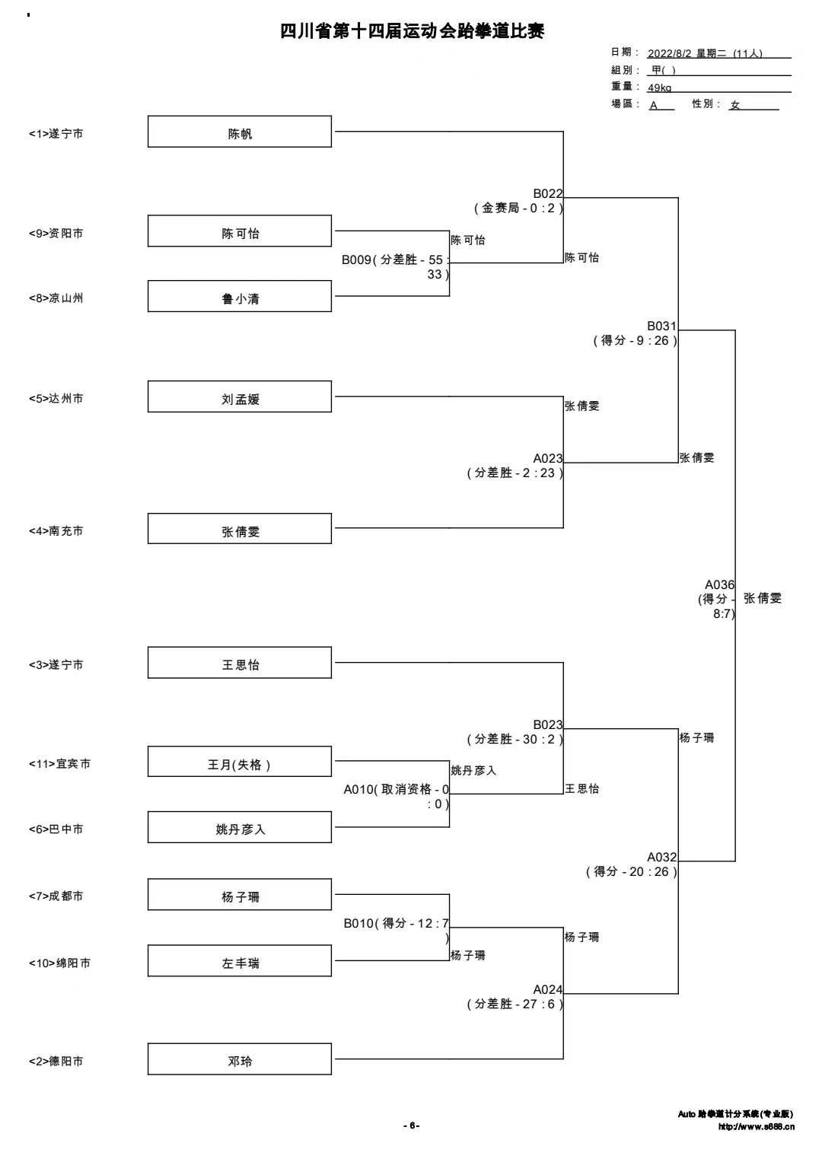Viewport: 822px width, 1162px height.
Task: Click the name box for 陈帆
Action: (x=240, y=132)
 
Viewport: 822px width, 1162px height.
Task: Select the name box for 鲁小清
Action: (x=240, y=296)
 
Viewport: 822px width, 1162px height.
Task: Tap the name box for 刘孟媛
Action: (x=240, y=396)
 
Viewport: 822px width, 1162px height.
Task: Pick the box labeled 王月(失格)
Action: (x=240, y=762)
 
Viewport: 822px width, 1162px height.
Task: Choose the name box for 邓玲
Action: (x=240, y=1059)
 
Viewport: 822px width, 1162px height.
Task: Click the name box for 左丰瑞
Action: (x=240, y=961)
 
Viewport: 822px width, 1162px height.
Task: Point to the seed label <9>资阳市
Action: (x=56, y=234)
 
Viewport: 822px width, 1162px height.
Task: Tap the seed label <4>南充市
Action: (x=56, y=531)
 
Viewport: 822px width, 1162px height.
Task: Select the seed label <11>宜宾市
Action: (x=59, y=763)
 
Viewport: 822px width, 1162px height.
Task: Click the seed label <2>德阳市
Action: (x=56, y=1062)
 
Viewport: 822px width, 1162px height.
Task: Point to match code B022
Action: (x=548, y=193)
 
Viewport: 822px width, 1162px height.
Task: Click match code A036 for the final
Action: (x=720, y=584)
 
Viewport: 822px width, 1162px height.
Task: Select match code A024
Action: (x=548, y=989)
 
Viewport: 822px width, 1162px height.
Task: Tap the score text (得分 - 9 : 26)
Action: (x=636, y=340)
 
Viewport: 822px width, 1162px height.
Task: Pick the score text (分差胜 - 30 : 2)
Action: (x=515, y=739)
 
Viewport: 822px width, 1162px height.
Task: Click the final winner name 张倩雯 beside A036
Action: (x=763, y=598)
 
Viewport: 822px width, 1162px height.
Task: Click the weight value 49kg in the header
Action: (x=660, y=88)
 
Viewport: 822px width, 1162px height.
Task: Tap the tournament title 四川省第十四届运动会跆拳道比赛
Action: (x=412, y=31)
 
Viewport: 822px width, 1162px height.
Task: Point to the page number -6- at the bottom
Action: (x=412, y=1125)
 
